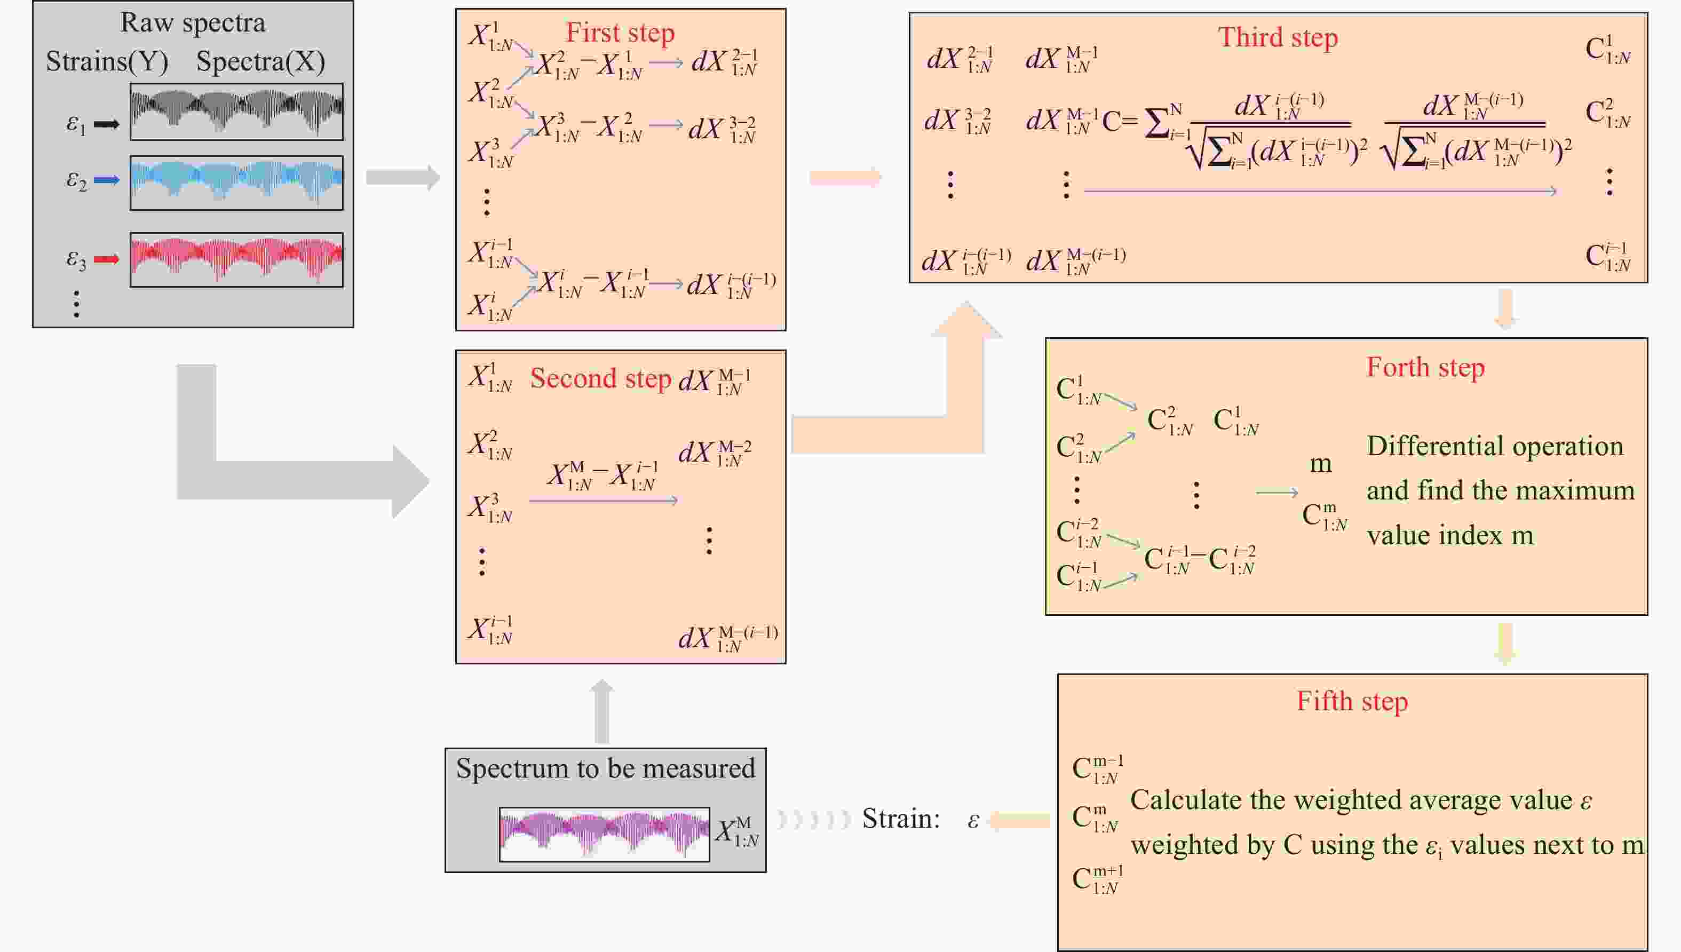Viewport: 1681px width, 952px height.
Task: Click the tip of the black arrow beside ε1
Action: tap(120, 124)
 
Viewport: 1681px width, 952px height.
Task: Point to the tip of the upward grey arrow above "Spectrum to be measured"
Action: tap(602, 680)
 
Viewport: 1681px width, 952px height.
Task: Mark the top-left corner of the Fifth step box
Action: tap(1058, 675)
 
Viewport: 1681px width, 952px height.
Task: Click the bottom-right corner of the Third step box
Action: tap(1648, 282)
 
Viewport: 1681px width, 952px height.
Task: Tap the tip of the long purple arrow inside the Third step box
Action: tap(1557, 191)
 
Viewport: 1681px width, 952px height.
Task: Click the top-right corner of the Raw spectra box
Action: tap(354, 1)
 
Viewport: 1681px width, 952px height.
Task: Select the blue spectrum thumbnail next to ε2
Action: tap(237, 183)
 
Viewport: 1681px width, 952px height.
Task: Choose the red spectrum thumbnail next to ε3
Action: tap(237, 259)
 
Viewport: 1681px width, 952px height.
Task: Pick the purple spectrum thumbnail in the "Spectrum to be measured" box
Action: tap(604, 834)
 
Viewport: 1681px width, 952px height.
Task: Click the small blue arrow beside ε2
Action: tap(107, 180)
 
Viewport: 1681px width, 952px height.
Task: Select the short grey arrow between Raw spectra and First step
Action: tap(403, 177)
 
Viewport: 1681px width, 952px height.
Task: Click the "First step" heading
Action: tap(620, 32)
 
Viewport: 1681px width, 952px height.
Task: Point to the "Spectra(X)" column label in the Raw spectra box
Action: tap(261, 61)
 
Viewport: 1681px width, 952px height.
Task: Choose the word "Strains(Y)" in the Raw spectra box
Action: tap(107, 61)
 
